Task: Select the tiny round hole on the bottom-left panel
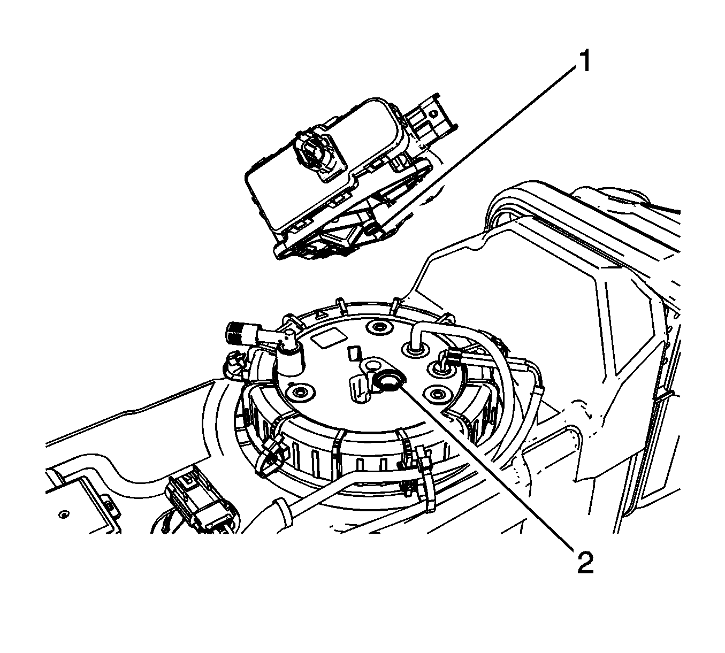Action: pos(64,513)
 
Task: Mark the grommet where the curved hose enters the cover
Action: pos(416,349)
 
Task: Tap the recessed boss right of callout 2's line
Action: pos(438,393)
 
